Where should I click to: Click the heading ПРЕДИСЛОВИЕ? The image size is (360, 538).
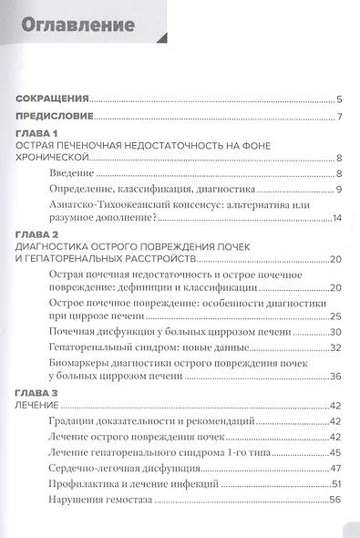pyautogui.click(x=57, y=117)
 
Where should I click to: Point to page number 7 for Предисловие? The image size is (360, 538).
pyautogui.click(x=338, y=117)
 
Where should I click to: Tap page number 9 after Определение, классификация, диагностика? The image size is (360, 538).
pyautogui.click(x=337, y=189)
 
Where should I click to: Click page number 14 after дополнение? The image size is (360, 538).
pyautogui.click(x=335, y=219)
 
